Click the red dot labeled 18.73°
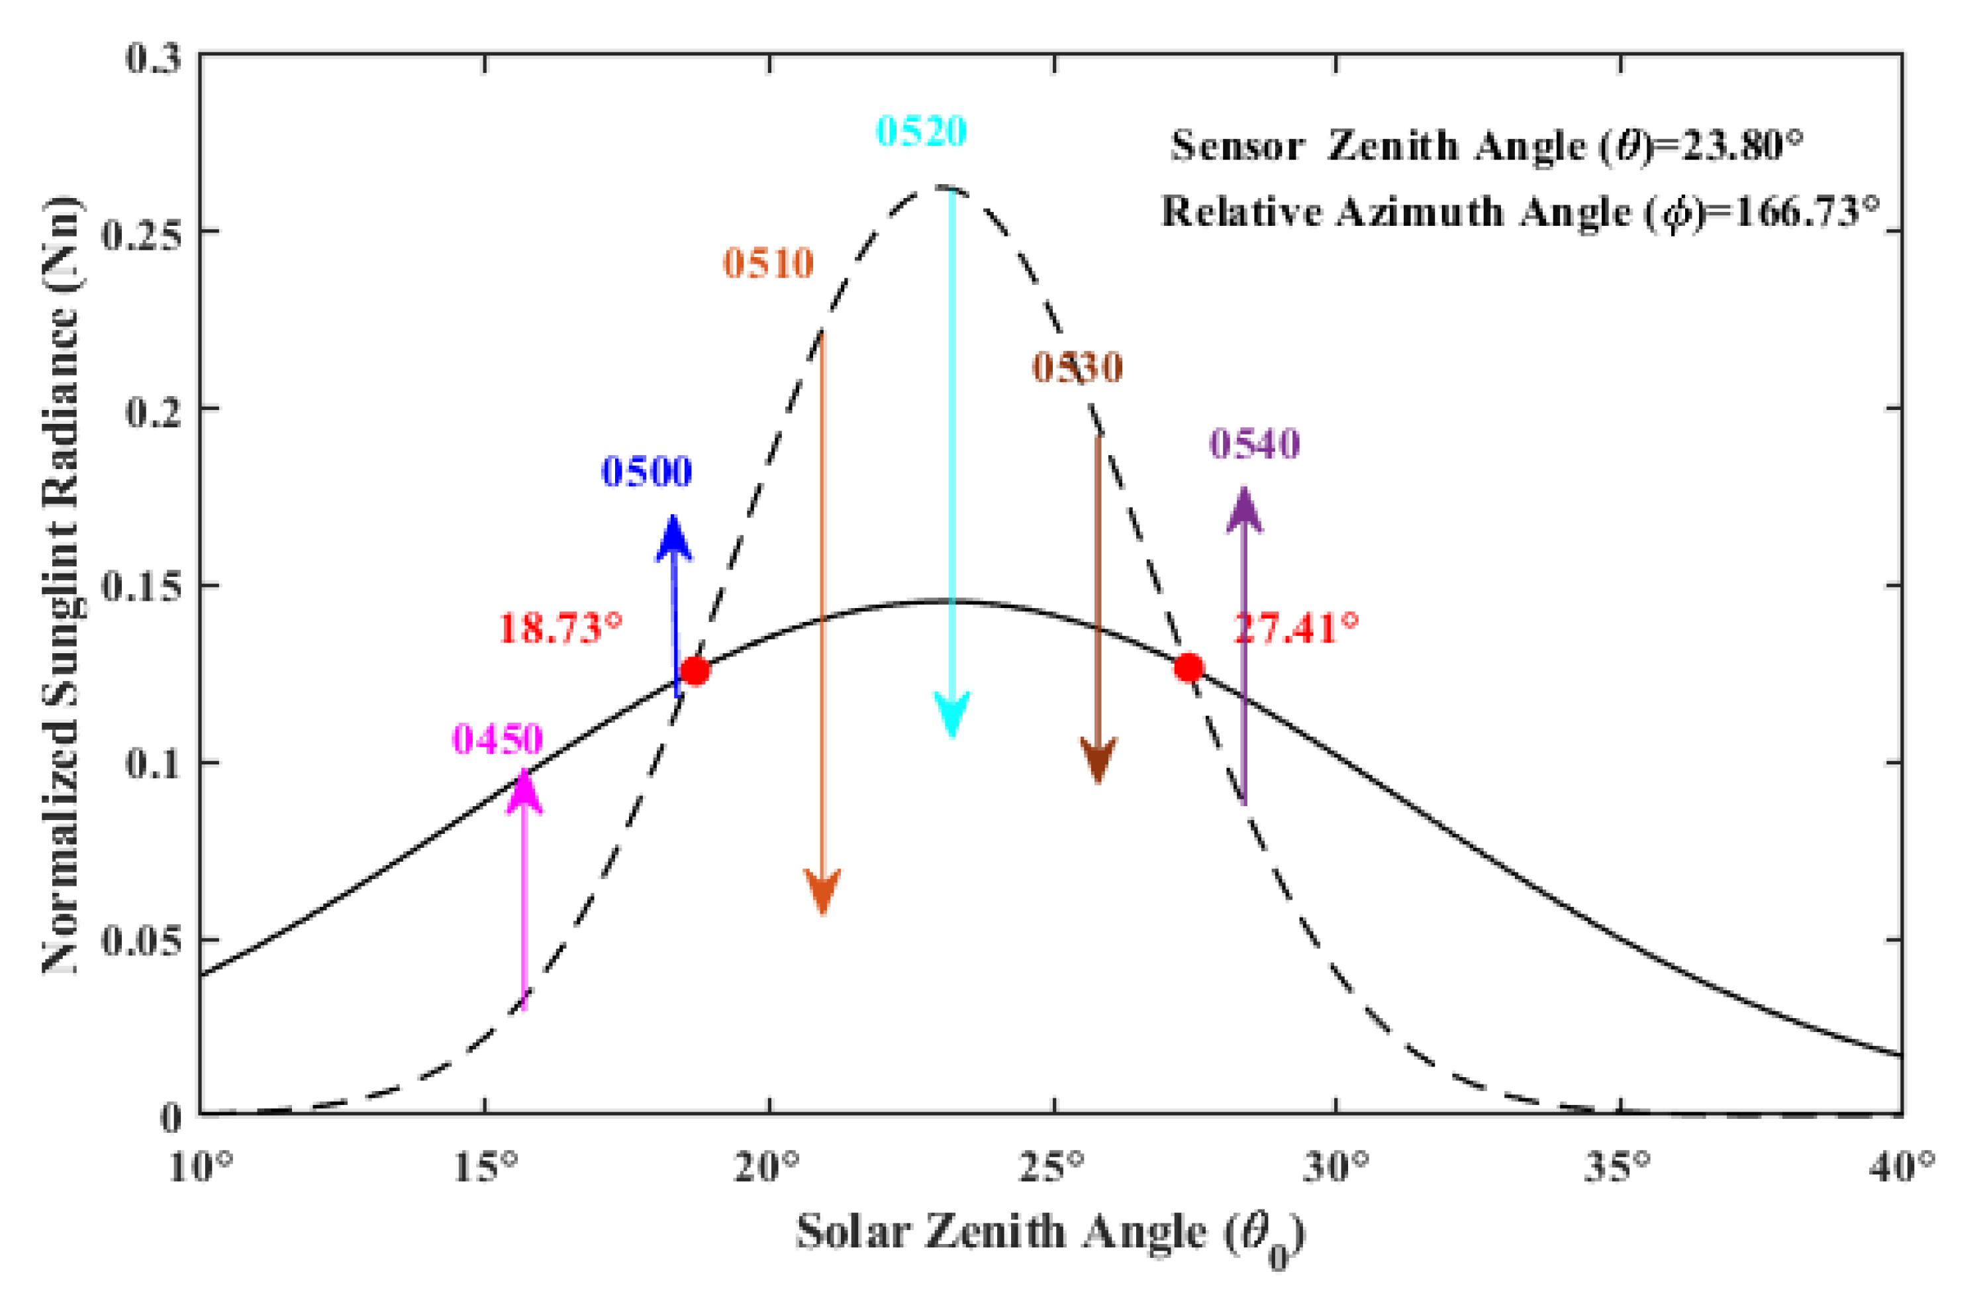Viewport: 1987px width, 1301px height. (694, 670)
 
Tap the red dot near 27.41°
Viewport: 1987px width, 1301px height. (1188, 667)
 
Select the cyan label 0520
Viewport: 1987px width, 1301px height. (921, 132)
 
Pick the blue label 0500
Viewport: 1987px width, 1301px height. (647, 472)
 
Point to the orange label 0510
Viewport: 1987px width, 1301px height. (768, 264)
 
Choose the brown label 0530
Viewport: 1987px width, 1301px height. (1077, 368)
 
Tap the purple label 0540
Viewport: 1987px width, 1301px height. (1255, 443)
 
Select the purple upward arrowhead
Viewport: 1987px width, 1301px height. (1244, 510)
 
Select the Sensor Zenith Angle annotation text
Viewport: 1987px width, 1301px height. (1486, 146)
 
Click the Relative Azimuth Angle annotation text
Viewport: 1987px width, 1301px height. (1520, 212)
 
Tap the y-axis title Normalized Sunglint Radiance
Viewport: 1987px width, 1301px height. (60, 584)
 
